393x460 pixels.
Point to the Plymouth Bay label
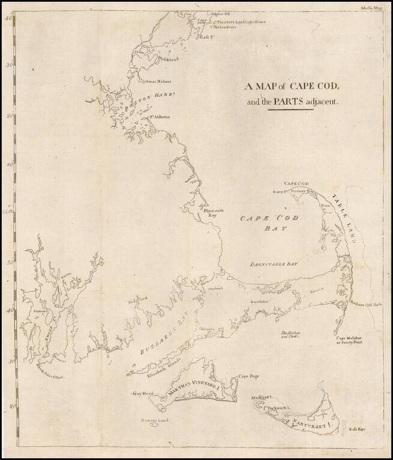(x=214, y=213)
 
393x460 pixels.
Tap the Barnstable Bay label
(x=274, y=264)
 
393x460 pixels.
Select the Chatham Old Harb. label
(x=364, y=304)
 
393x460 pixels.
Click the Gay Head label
(x=144, y=394)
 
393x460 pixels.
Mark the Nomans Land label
(x=152, y=420)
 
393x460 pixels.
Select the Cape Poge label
(x=248, y=377)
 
